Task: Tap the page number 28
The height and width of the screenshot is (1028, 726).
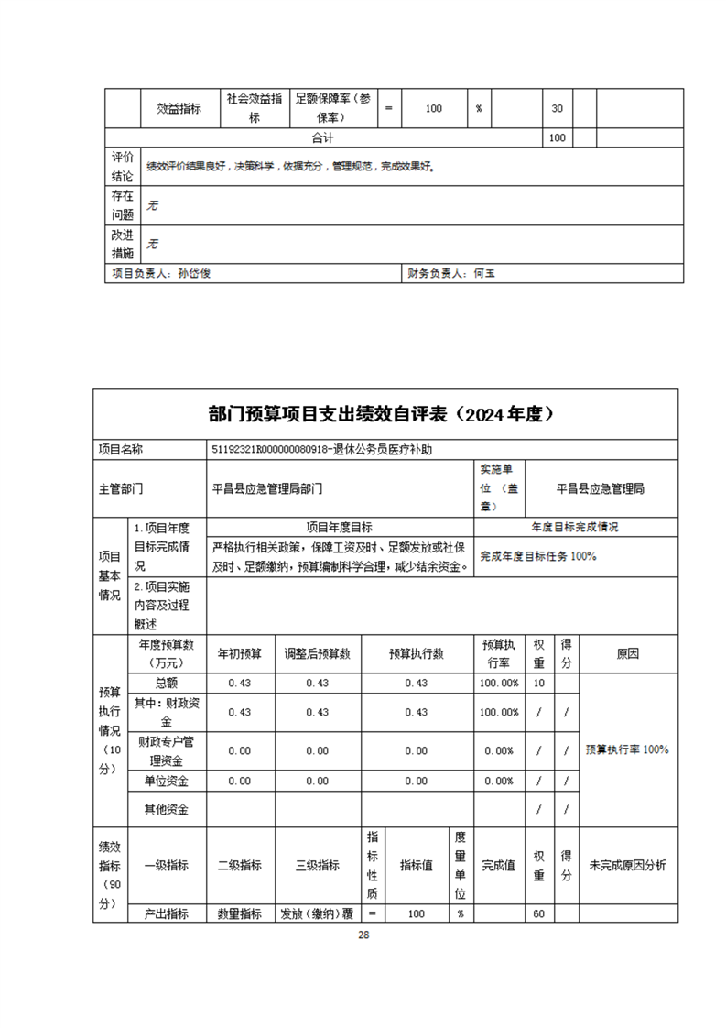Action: [363, 935]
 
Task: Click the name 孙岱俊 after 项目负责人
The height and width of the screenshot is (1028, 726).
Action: [193, 273]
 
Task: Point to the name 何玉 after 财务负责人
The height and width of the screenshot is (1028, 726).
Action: [483, 273]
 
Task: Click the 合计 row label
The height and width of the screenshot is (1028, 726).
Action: [322, 137]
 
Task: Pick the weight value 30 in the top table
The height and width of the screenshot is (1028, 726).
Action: [557, 108]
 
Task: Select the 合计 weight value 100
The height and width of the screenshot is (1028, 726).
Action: [557, 137]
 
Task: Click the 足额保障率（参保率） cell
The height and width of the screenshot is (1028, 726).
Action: [334, 108]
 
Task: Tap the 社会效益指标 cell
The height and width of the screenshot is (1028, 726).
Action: [255, 108]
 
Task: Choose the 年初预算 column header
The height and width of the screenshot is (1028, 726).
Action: [239, 654]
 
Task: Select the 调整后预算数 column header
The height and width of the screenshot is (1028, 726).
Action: [318, 654]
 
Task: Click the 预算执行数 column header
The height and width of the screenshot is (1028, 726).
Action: [416, 654]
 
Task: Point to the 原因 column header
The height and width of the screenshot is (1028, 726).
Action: [627, 654]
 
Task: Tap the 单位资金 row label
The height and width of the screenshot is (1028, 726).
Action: [167, 781]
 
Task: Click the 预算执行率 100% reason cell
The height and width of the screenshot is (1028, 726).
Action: [627, 749]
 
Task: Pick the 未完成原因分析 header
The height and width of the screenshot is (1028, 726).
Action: [627, 865]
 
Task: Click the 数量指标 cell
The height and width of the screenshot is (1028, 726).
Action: [239, 913]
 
